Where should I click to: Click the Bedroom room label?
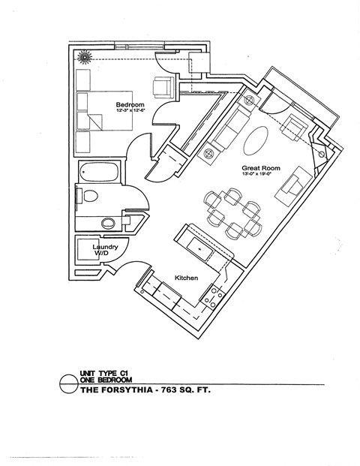(x=130, y=104)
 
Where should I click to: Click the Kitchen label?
(x=186, y=278)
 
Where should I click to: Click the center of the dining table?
(x=232, y=211)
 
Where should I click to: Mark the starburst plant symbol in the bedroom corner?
(x=85, y=56)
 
